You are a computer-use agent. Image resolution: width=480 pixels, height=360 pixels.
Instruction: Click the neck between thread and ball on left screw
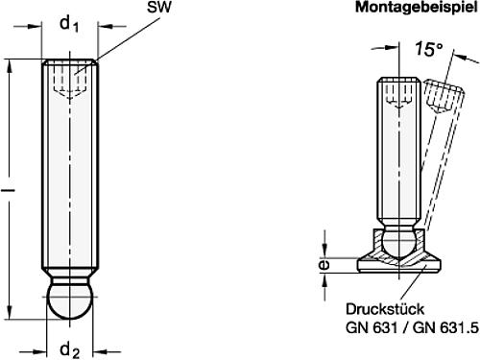point(69,278)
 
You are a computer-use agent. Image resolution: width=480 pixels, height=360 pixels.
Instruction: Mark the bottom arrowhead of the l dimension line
point(12,313)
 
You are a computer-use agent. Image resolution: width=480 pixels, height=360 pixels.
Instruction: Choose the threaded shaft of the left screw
point(69,173)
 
